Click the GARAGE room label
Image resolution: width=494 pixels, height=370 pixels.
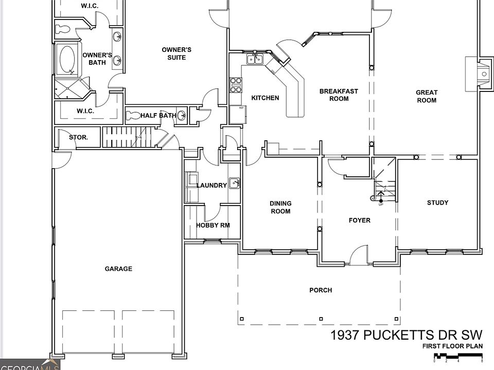point(118,269)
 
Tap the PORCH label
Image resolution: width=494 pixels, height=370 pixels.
point(321,290)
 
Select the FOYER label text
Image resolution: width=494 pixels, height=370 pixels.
point(360,220)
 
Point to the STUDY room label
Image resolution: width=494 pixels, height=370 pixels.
point(437,202)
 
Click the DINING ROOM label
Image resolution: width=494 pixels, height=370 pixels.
point(280,208)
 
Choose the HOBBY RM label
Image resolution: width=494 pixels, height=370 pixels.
point(213,225)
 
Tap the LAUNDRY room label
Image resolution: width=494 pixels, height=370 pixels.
point(211,186)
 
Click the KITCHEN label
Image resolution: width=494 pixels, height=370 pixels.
point(265,98)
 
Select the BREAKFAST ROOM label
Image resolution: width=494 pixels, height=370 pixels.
point(339,95)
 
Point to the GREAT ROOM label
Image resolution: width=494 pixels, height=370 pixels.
point(427,96)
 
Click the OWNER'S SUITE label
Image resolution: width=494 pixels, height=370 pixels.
point(177,53)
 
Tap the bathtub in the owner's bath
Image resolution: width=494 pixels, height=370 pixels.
point(67,60)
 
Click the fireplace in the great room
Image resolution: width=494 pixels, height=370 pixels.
point(480,74)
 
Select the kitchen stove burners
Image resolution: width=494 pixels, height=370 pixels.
point(236,85)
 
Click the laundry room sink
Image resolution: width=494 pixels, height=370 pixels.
point(234,182)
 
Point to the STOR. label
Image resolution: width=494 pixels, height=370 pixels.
point(78,137)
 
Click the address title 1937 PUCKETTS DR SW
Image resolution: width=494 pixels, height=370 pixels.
point(407,336)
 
